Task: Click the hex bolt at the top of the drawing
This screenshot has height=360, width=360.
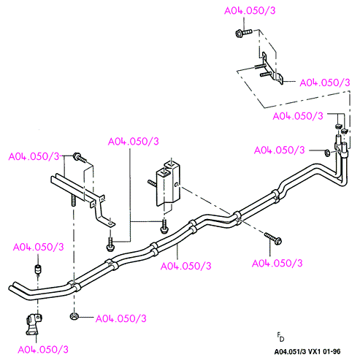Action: (x=244, y=32)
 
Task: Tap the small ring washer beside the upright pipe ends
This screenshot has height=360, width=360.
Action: (x=327, y=153)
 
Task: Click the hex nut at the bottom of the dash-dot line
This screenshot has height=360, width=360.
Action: (x=74, y=316)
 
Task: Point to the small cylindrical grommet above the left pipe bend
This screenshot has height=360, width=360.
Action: (x=38, y=269)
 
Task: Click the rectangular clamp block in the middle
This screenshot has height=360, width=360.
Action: (x=169, y=185)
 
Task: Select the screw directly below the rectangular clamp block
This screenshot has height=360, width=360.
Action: (x=164, y=226)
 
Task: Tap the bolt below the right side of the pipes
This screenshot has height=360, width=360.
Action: (x=273, y=238)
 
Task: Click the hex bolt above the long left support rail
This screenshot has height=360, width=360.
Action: (x=80, y=158)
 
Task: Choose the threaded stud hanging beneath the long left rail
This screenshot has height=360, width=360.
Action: (x=73, y=200)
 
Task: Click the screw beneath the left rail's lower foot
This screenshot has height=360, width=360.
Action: (x=110, y=245)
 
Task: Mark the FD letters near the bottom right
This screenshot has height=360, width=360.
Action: (x=280, y=337)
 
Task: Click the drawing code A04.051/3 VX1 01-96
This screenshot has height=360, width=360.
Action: (x=307, y=351)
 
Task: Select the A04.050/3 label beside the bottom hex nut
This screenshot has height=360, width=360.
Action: (x=121, y=318)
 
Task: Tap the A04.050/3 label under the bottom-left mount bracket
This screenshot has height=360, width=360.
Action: (x=43, y=350)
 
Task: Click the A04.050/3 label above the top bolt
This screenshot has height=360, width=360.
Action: (x=250, y=11)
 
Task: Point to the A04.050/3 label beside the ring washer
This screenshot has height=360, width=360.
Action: (x=279, y=150)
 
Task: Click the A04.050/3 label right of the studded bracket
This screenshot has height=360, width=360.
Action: (x=325, y=83)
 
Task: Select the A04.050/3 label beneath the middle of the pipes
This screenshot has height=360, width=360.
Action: (x=186, y=266)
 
